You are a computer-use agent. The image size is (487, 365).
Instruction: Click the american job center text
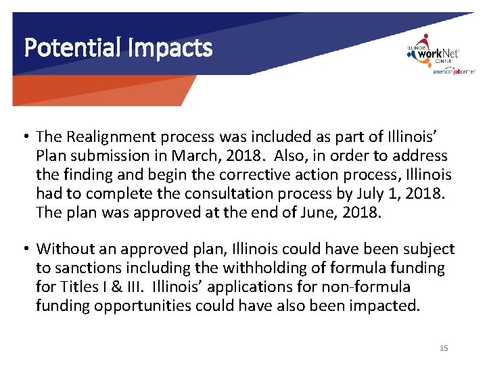tap(454, 72)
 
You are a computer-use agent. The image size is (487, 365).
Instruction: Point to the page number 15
tap(444, 348)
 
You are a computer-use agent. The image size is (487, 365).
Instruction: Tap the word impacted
tap(386, 306)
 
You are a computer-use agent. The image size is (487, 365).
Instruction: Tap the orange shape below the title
tap(101, 91)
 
